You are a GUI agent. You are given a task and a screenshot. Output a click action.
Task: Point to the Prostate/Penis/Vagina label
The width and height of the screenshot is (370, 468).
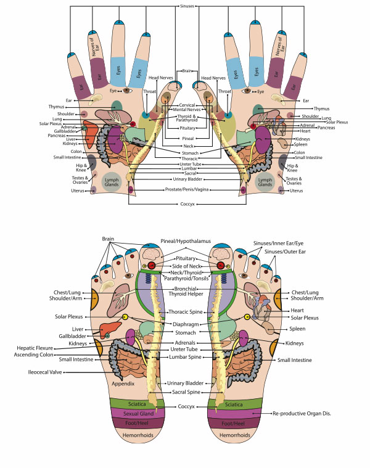pos(185,189)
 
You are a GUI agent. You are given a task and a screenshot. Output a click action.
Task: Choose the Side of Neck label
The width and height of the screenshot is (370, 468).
pos(185,265)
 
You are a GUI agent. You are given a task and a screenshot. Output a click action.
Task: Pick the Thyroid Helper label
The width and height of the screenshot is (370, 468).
pos(185,294)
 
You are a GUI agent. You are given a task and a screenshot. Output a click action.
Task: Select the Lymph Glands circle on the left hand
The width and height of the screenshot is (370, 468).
pos(111,183)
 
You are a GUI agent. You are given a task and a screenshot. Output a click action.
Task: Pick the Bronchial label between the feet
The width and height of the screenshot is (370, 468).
pos(185,287)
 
